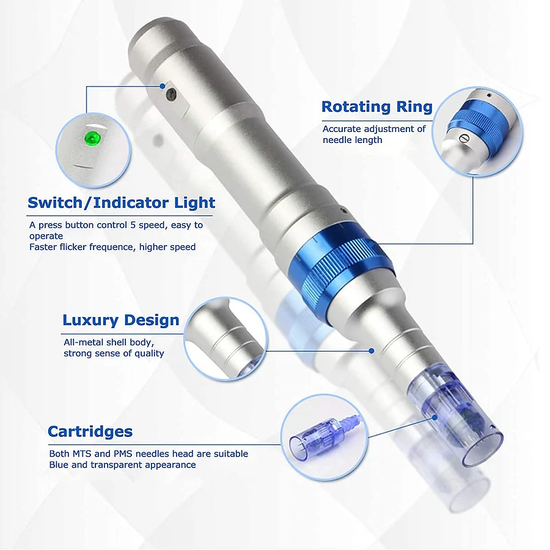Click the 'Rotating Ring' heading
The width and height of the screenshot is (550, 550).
376,107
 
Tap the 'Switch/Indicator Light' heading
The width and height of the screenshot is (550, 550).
121,203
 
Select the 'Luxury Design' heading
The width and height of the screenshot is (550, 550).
121,320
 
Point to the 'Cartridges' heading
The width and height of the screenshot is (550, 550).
90,431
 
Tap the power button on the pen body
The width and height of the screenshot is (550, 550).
172,94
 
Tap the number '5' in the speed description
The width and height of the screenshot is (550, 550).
132,225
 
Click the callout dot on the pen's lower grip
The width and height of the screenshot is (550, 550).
371,351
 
